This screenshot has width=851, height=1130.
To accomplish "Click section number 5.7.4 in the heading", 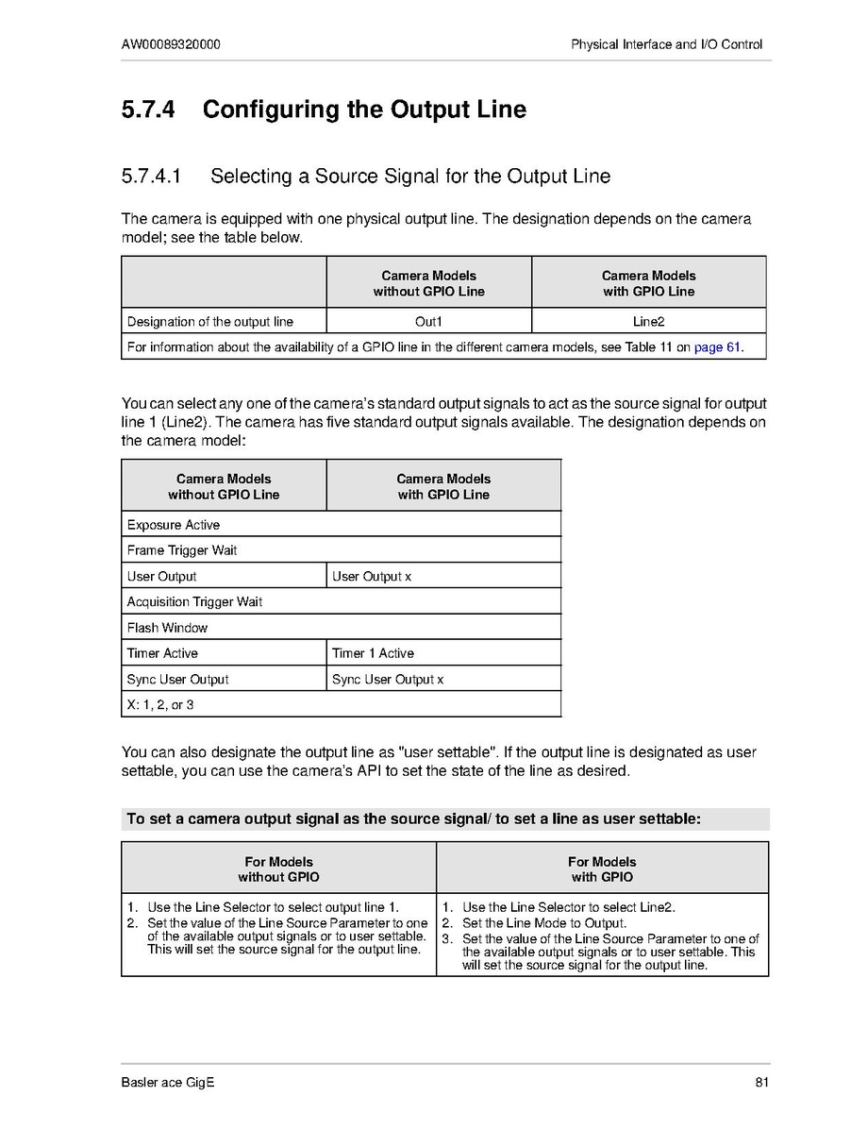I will [148, 110].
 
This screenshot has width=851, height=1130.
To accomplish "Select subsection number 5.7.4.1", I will [151, 177].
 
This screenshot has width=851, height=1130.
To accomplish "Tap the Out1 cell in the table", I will [428, 322].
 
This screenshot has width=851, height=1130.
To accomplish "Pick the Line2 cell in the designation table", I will [648, 322].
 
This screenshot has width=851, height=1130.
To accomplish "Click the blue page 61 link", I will [716, 347].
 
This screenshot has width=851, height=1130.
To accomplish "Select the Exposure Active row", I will [174, 525].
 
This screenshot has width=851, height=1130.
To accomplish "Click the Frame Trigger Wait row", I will [182, 550].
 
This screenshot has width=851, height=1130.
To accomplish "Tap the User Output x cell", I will [372, 577].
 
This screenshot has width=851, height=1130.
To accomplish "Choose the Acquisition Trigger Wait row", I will [194, 602].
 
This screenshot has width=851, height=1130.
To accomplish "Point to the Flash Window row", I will [167, 628].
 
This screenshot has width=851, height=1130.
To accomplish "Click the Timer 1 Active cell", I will [373, 653].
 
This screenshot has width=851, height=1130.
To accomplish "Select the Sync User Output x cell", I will [388, 680].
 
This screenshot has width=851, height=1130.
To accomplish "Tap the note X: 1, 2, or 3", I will [160, 705].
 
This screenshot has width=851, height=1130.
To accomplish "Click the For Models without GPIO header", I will [278, 869].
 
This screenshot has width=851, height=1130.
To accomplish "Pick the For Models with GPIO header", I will [602, 869].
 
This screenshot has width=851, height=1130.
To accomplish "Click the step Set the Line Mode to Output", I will [544, 923].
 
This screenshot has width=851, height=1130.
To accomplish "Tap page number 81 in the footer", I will [762, 1082].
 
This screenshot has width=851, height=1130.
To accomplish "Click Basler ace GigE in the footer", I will [168, 1082].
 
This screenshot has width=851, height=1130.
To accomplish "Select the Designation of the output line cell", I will [210, 322].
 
